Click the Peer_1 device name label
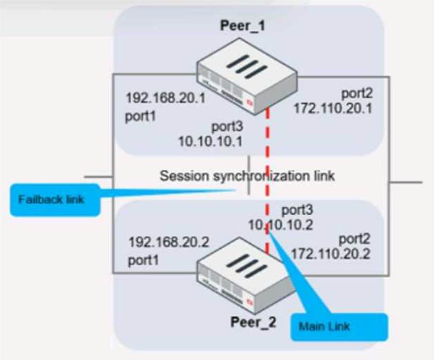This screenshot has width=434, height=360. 243,26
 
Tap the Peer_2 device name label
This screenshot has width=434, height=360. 253,322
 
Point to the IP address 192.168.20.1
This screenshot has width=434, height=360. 165,98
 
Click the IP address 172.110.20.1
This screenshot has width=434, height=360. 333,108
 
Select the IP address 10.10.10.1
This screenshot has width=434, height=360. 210,142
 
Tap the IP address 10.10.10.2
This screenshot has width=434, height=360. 280,225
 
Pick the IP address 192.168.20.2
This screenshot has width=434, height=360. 169,242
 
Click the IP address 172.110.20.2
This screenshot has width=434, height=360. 331,253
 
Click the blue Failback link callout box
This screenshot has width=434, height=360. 55,200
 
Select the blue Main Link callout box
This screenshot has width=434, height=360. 339,327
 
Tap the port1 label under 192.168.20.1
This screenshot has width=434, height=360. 141,116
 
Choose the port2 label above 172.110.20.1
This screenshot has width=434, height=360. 357,94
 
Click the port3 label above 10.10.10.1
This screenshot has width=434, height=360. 227,127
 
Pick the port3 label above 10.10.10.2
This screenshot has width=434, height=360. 297,210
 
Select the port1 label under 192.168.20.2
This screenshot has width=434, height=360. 143,261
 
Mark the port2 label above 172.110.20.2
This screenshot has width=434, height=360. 354,239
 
